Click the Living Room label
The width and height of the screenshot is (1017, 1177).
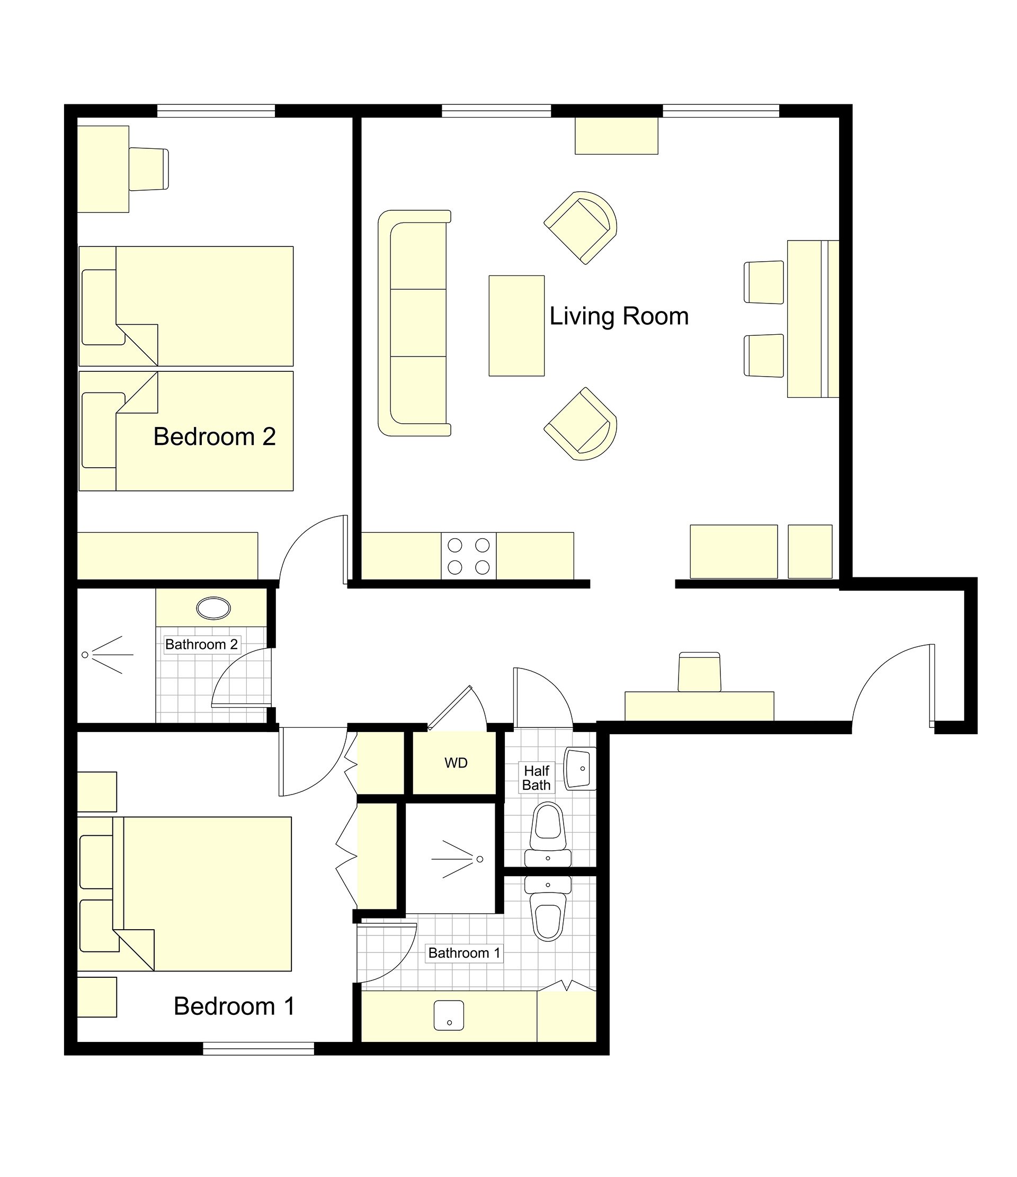(x=619, y=316)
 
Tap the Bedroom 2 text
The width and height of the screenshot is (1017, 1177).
(x=214, y=436)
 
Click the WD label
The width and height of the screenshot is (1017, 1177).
(x=456, y=763)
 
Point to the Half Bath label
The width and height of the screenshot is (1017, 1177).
(x=537, y=778)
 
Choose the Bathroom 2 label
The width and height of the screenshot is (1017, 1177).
(x=201, y=644)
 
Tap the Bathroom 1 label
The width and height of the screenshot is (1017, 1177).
(x=464, y=952)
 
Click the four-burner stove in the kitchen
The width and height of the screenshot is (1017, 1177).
(x=469, y=556)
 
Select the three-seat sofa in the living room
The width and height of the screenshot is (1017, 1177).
(x=414, y=323)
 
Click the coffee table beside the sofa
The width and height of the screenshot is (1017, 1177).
(x=516, y=325)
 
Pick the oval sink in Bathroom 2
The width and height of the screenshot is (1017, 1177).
(x=213, y=609)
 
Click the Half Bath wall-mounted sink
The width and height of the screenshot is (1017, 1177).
(x=580, y=769)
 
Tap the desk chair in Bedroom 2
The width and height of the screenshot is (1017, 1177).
(x=149, y=169)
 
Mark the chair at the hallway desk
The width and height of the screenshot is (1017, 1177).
(x=699, y=672)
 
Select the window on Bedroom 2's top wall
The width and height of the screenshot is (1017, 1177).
(x=216, y=111)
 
